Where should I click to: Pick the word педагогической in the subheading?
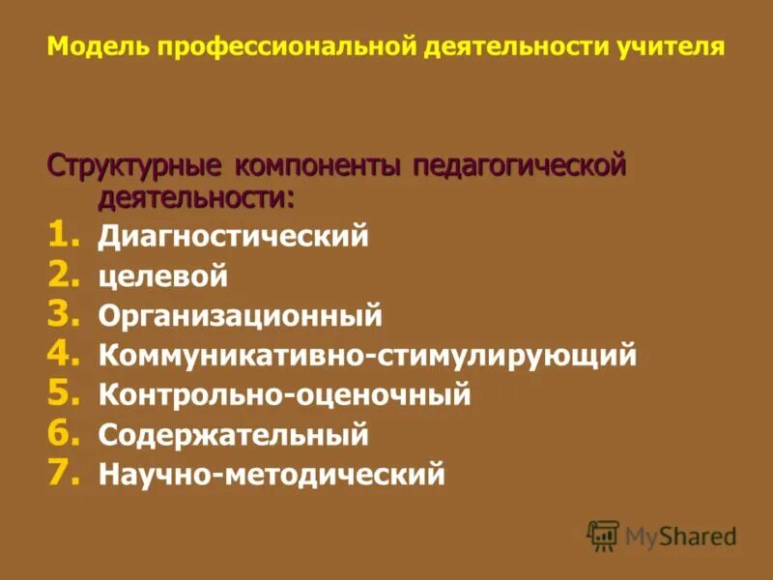coord(520,165)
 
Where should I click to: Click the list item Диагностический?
coord(233,236)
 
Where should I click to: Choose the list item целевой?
coord(162,276)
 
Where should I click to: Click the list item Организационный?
coord(240,316)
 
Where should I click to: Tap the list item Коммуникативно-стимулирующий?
coord(367,356)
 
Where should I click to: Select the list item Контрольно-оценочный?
coord(284,395)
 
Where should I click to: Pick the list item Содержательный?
coord(233,435)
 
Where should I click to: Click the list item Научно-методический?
coord(272,475)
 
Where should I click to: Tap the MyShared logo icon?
coord(603,535)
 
